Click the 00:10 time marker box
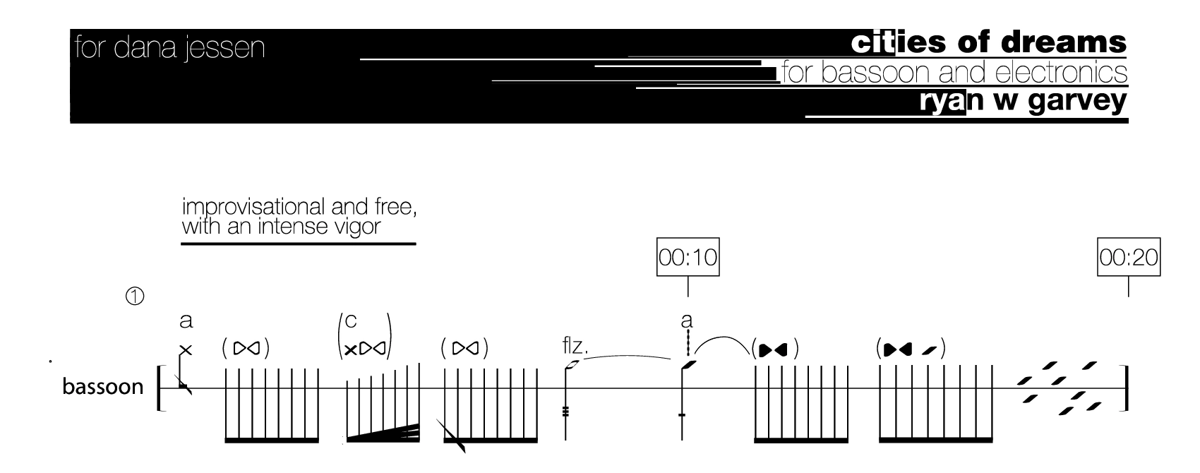click(x=688, y=257)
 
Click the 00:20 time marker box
click(x=1129, y=257)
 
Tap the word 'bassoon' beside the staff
click(x=103, y=386)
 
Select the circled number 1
click(x=135, y=296)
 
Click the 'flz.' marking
click(x=575, y=346)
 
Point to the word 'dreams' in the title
click(x=1063, y=43)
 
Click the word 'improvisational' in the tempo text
click(x=253, y=207)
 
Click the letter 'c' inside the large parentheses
click(x=351, y=321)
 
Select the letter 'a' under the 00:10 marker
click(x=687, y=321)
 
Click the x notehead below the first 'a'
click(x=186, y=350)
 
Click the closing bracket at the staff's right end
click(x=1125, y=388)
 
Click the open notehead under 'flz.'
click(x=572, y=365)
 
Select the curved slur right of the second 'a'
click(x=723, y=343)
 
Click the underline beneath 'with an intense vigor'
click(x=299, y=244)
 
